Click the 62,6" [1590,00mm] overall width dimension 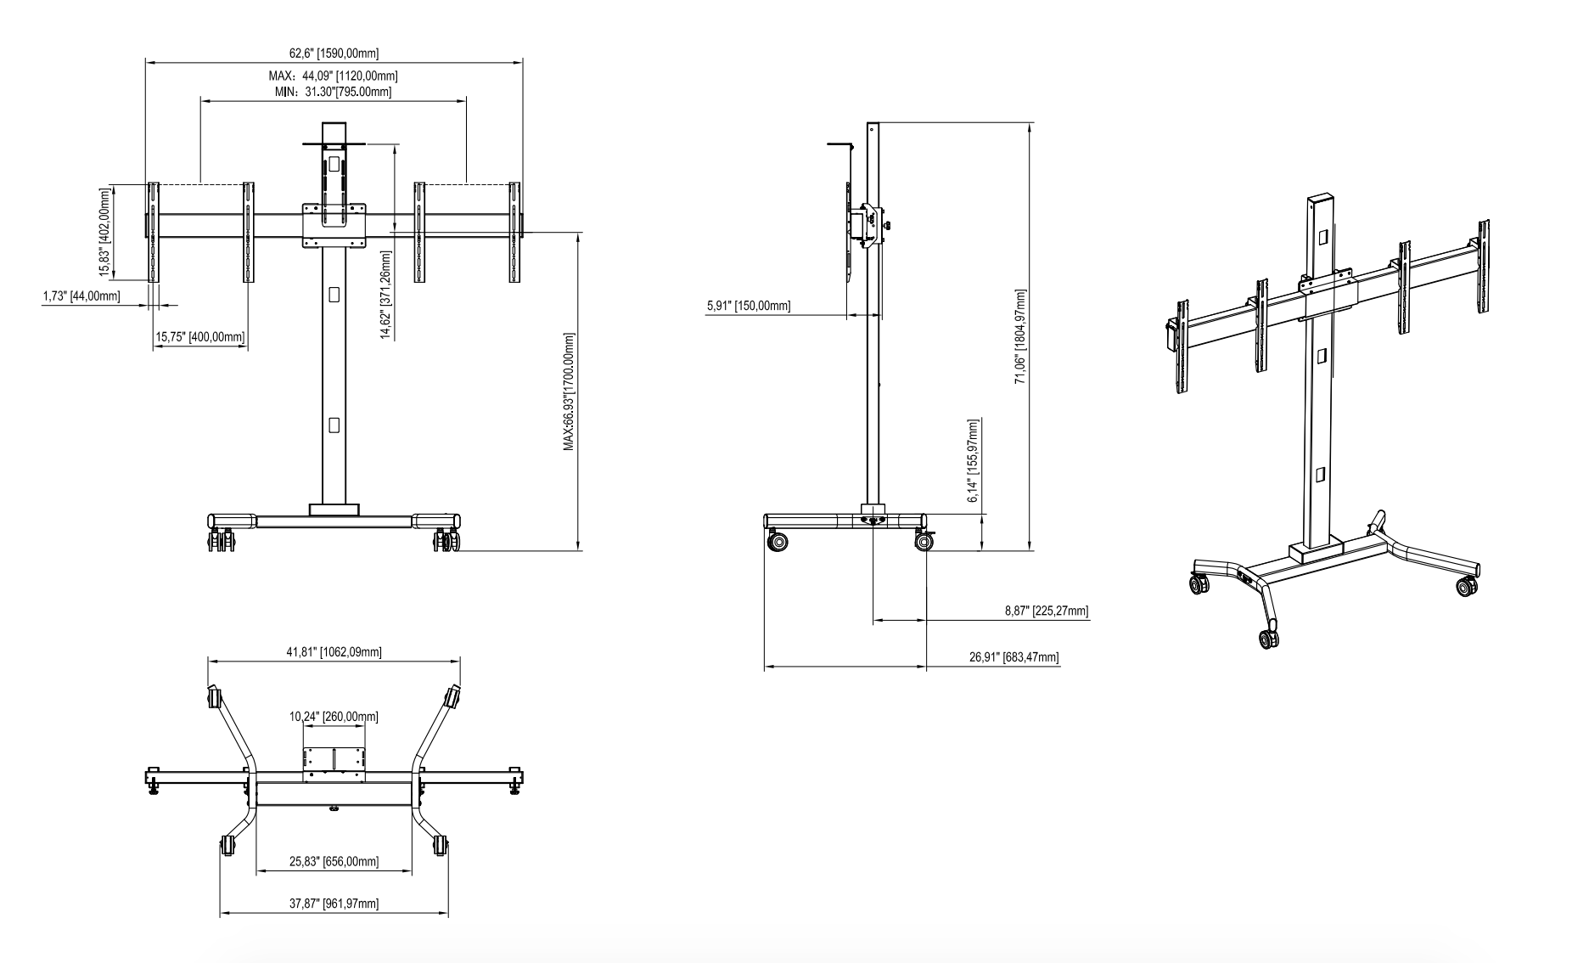334,53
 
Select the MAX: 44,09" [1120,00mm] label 334,76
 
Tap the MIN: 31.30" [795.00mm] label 334,91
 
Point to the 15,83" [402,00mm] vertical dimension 105,232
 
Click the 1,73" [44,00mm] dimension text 81,296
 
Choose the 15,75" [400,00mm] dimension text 200,337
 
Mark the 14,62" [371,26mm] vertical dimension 386,295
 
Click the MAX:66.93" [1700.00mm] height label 569,391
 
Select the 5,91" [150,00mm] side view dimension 749,306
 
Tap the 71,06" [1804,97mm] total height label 1021,336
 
